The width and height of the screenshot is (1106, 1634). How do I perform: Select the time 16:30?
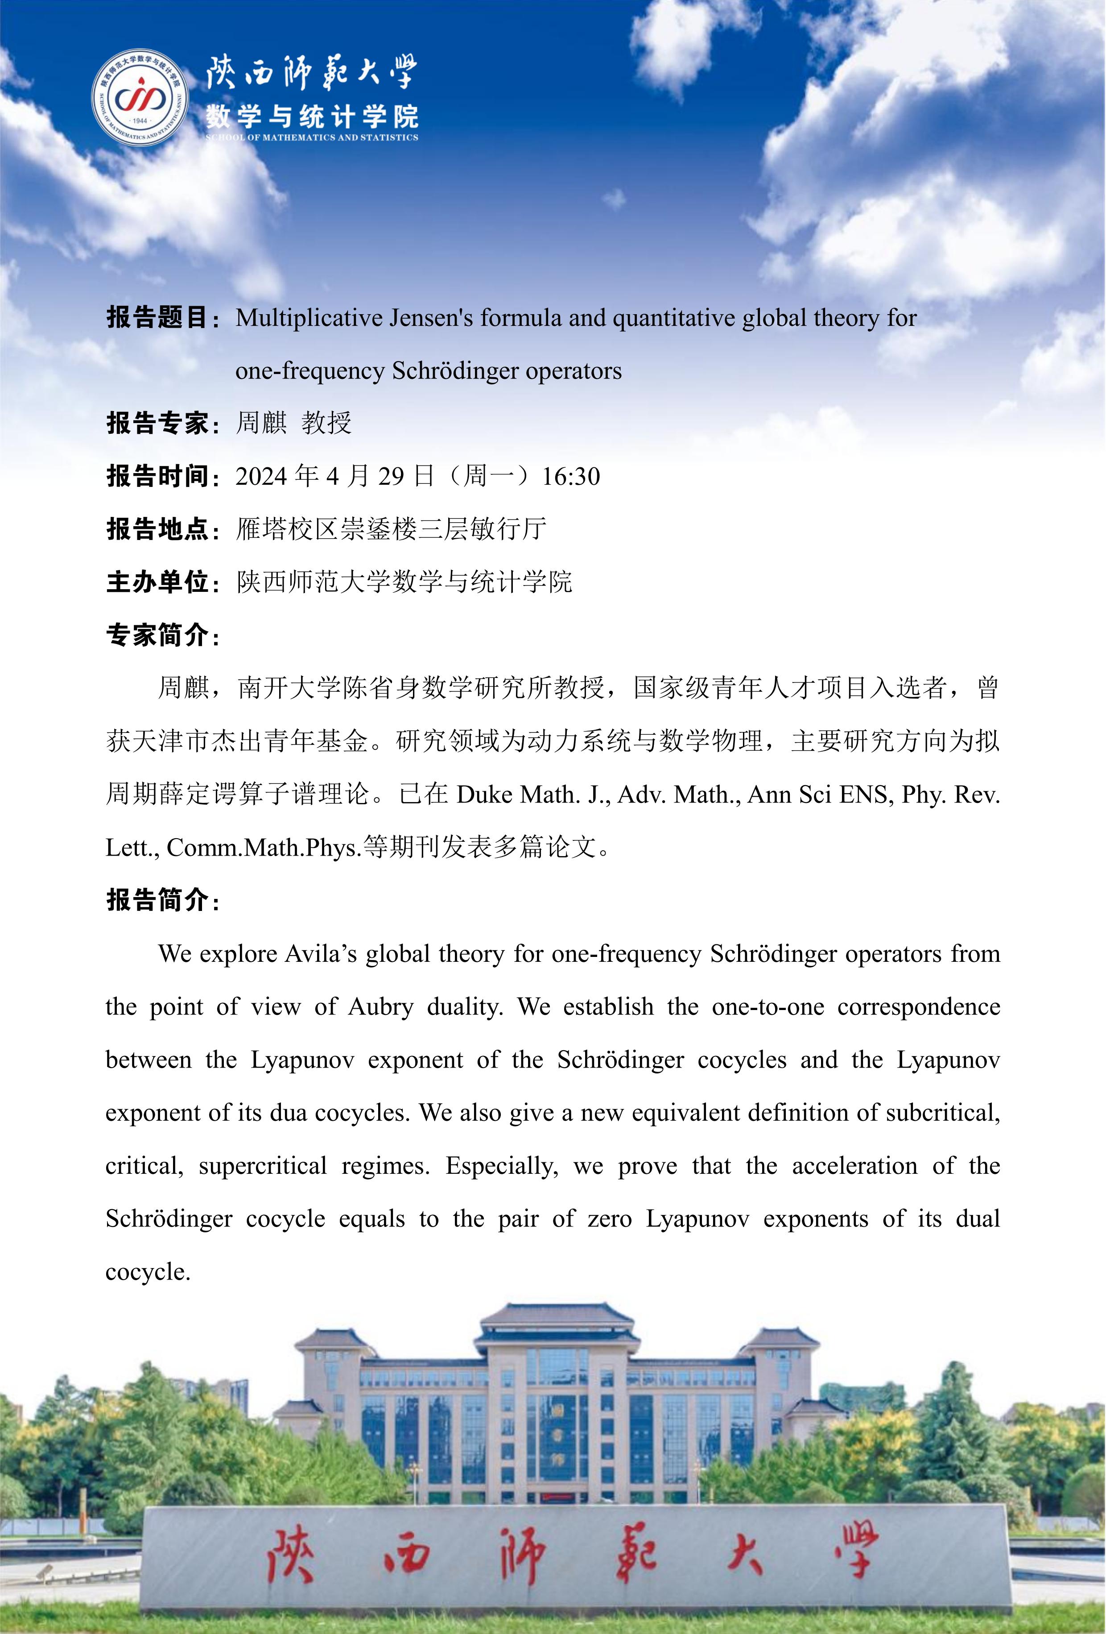[x=570, y=477]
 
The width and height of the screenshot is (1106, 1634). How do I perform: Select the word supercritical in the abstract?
[x=263, y=1166]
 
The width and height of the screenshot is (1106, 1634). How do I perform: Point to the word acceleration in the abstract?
[x=854, y=1166]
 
